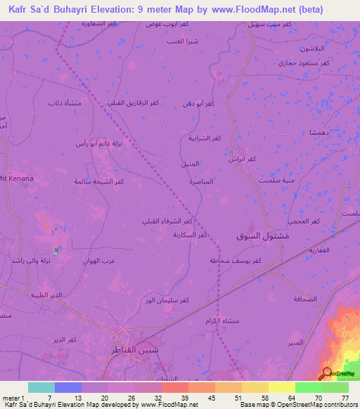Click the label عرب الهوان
[x=98, y=260]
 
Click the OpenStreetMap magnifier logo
[x=327, y=373]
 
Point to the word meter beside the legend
[x=11, y=398]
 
